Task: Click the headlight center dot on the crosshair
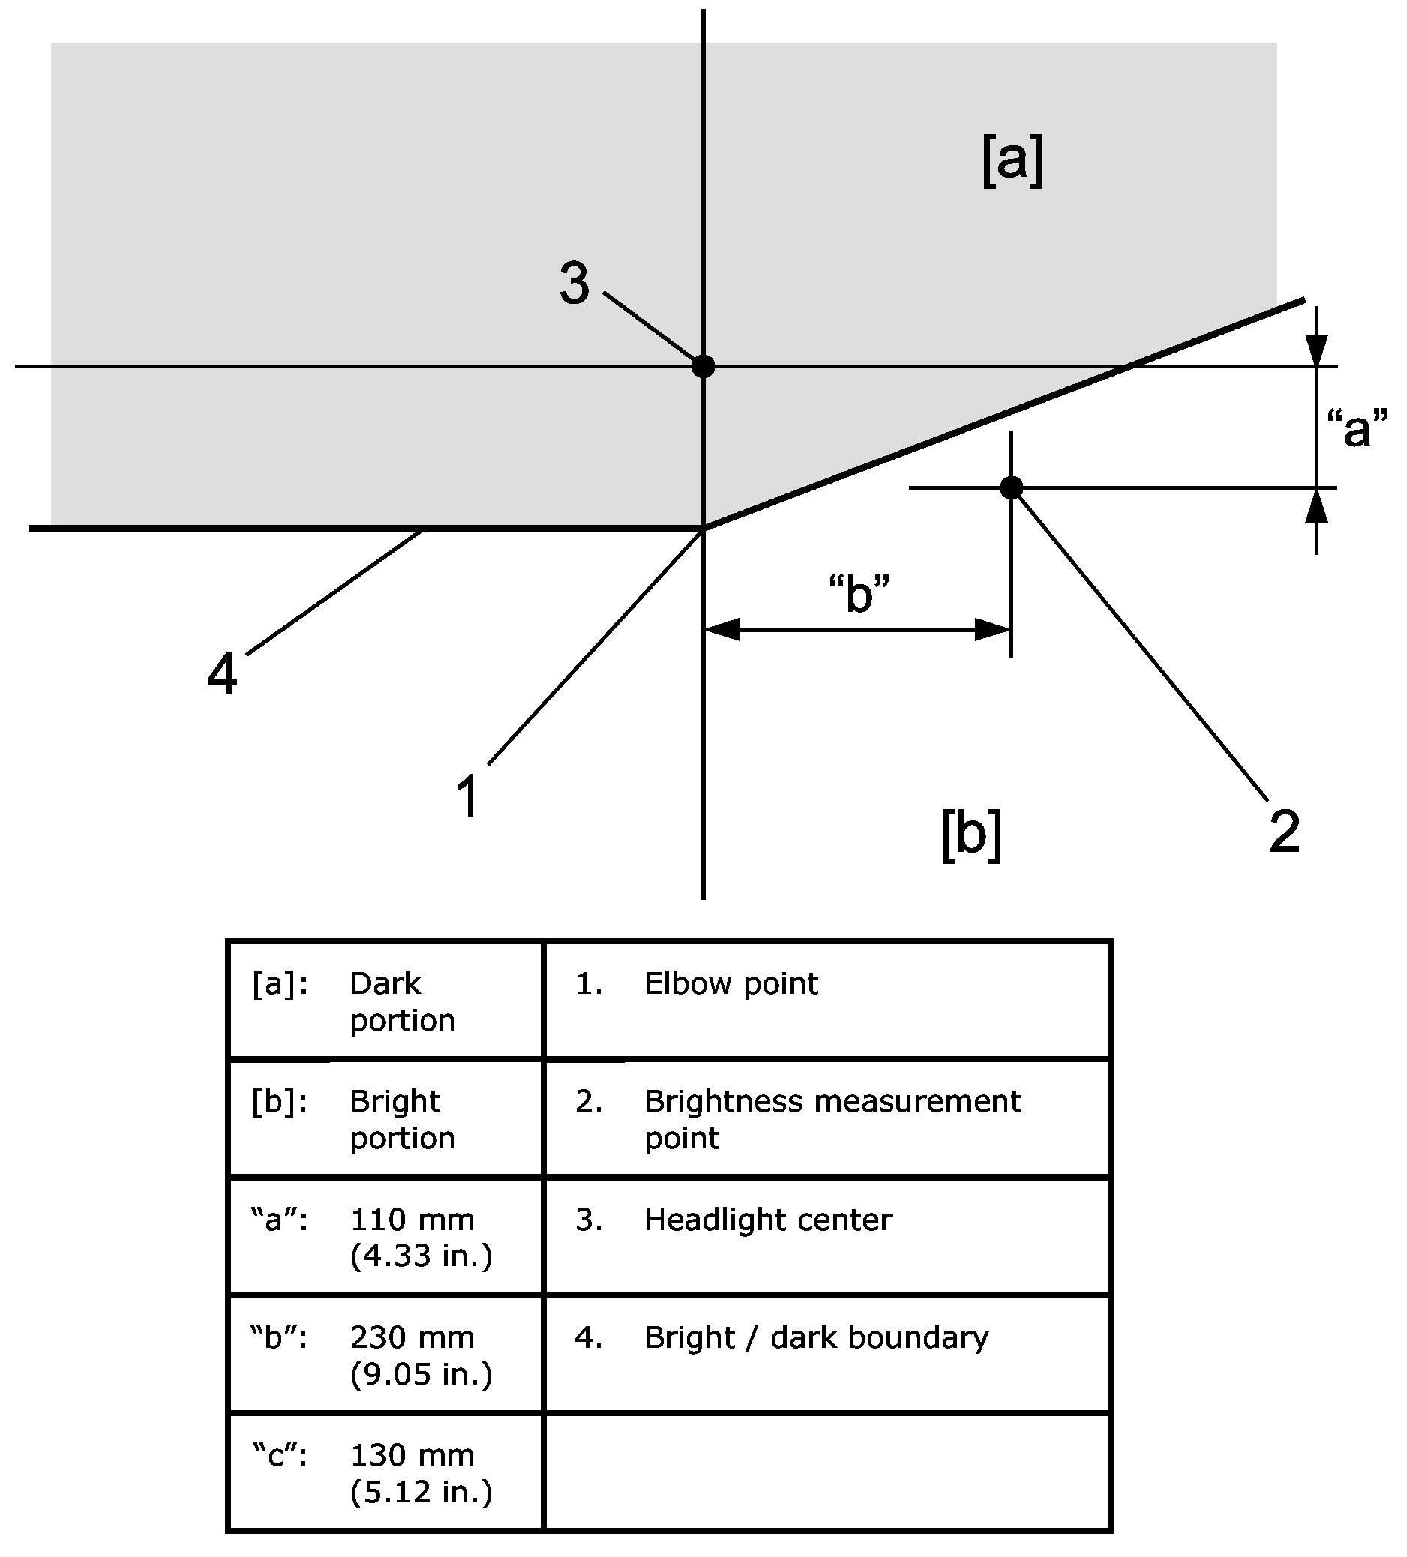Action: [703, 365]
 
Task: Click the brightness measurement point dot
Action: [1012, 487]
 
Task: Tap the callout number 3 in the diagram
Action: [574, 283]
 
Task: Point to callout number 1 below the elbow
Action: [468, 796]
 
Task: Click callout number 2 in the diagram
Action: [1284, 832]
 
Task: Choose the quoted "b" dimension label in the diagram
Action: [859, 595]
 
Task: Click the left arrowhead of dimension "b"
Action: [722, 629]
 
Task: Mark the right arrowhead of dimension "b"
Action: [993, 629]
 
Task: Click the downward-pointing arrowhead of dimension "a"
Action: [1317, 349]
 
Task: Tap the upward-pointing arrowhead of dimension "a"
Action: [1317, 507]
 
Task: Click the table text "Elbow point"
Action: [731, 984]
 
